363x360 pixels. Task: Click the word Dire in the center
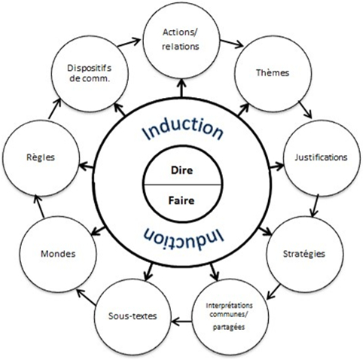click(x=181, y=170)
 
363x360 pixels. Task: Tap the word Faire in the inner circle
click(x=181, y=201)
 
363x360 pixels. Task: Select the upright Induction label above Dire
click(x=183, y=129)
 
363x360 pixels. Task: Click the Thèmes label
click(x=273, y=72)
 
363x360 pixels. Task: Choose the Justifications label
click(x=321, y=157)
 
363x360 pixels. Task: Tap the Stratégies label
click(x=304, y=254)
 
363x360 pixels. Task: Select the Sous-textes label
click(x=133, y=316)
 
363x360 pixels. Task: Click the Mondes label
click(x=58, y=254)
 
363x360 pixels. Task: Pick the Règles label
click(x=41, y=157)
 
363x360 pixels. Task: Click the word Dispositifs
click(x=89, y=68)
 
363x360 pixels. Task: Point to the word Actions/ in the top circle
click(x=180, y=32)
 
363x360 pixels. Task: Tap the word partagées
click(x=229, y=328)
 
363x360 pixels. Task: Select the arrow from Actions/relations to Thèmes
click(x=232, y=43)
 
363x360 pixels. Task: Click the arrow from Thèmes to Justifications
click(x=305, y=109)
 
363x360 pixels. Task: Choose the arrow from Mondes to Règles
click(x=39, y=206)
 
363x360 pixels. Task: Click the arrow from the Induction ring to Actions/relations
click(x=181, y=88)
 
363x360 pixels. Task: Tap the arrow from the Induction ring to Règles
click(x=86, y=166)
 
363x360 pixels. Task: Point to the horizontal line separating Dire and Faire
click(x=181, y=185)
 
